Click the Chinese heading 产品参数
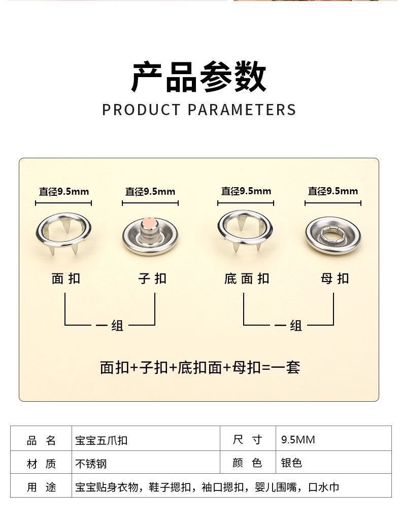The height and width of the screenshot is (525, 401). click(x=199, y=77)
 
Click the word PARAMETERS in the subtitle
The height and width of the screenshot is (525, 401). click(x=242, y=110)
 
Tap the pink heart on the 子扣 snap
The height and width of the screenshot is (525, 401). click(x=149, y=223)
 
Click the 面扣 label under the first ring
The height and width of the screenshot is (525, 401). click(x=65, y=278)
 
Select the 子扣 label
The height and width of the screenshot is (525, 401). click(x=152, y=278)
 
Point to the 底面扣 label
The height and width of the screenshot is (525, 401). click(x=247, y=278)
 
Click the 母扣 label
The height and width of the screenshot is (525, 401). click(x=335, y=278)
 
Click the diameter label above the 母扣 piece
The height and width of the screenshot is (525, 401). click(x=332, y=191)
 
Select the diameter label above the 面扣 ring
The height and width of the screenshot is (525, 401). click(x=63, y=192)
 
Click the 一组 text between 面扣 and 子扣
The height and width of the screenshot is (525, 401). click(x=110, y=325)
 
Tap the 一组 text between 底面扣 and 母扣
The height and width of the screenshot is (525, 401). click(x=289, y=325)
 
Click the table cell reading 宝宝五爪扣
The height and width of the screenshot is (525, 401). click(x=101, y=440)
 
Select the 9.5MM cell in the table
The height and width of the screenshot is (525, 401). click(x=298, y=439)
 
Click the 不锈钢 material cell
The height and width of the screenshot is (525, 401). click(x=91, y=464)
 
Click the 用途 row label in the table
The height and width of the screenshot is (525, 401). click(x=41, y=487)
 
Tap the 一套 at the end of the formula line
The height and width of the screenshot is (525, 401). click(x=287, y=367)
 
